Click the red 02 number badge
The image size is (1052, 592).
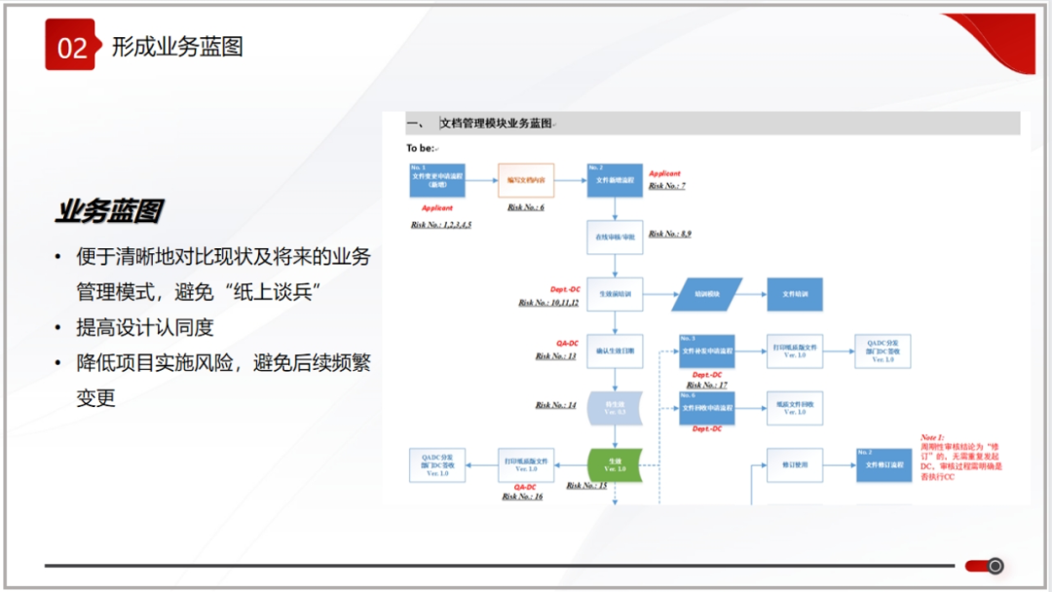[69, 45]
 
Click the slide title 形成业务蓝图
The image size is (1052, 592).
[177, 46]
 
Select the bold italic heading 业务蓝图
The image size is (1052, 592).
[108, 211]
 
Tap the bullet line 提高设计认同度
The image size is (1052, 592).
[145, 327]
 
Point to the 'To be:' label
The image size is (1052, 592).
[422, 148]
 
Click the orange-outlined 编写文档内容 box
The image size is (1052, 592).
[526, 180]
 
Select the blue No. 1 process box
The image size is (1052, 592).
[437, 180]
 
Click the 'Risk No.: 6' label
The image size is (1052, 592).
[526, 207]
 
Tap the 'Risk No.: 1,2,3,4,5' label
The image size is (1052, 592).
[441, 225]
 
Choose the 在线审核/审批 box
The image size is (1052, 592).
[615, 237]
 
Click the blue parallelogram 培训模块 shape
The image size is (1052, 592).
[707, 294]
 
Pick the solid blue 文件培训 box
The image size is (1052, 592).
[795, 294]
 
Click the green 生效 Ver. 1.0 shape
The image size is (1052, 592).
[615, 464]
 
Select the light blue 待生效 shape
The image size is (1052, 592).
[615, 409]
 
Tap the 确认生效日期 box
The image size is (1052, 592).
[615, 351]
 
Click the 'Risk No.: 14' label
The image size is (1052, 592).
[555, 405]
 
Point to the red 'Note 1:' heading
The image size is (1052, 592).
[933, 438]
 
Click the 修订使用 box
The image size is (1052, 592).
[795, 465]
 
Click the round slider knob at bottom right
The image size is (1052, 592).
[995, 566]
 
